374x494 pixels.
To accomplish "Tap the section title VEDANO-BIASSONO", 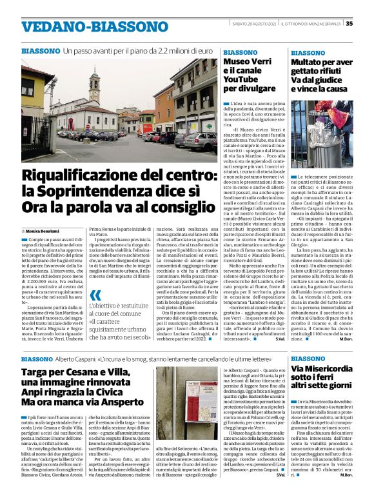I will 95,28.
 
